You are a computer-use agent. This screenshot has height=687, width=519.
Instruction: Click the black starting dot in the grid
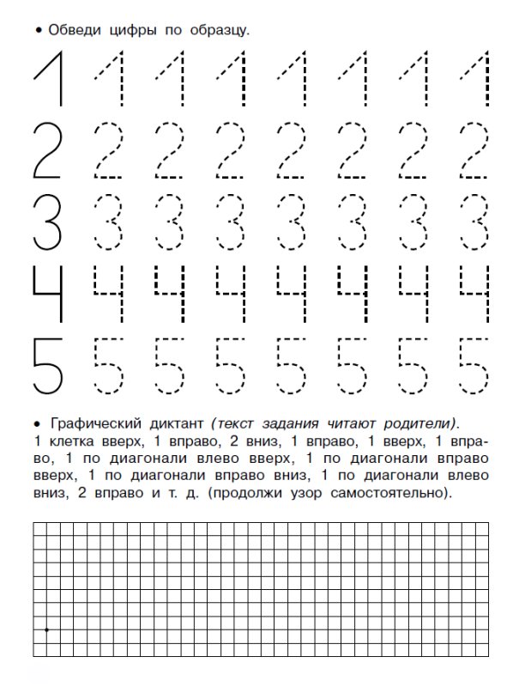click(46, 629)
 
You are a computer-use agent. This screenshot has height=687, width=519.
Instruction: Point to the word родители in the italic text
click(417, 424)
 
